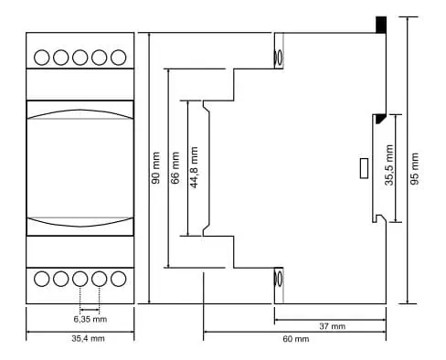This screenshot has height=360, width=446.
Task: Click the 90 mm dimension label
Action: tap(155, 168)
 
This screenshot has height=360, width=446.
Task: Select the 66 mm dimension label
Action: tap(175, 168)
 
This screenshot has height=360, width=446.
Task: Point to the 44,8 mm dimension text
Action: tap(194, 167)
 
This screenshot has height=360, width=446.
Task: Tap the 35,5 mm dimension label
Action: tap(389, 165)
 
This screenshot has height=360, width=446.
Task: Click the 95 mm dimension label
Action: tap(414, 169)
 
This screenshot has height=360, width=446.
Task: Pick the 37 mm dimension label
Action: tap(333, 326)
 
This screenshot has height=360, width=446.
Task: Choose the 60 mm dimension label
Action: tap(296, 339)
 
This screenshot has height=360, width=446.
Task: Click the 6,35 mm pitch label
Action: tap(90, 319)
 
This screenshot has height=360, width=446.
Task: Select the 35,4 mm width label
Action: tap(88, 338)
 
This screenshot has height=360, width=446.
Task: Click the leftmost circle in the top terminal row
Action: tap(42, 58)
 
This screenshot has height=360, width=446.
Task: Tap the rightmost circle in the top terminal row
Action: tap(119, 58)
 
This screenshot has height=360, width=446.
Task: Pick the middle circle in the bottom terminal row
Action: tap(80, 279)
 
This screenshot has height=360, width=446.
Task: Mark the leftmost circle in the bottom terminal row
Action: tap(42, 279)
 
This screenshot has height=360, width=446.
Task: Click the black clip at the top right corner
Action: tap(381, 25)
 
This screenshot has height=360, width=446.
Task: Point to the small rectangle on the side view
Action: tap(364, 168)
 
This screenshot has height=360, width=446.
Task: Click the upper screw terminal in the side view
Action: tap(279, 58)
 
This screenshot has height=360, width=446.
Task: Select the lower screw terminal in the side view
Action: tap(279, 279)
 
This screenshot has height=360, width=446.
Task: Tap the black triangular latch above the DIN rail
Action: tap(380, 118)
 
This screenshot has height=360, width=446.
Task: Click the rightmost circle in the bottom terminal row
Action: tap(119, 279)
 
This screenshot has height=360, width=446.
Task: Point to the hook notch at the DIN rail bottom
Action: tap(379, 218)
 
